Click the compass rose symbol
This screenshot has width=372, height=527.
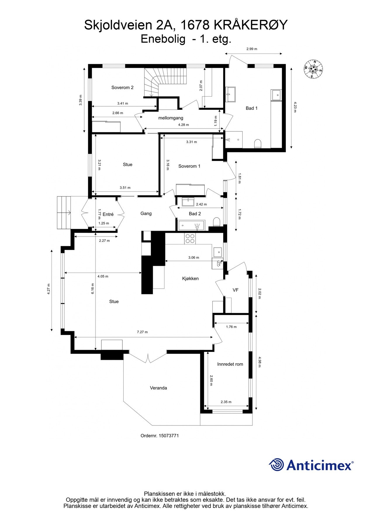pyautogui.click(x=313, y=69)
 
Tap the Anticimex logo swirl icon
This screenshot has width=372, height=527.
pyautogui.click(x=276, y=465)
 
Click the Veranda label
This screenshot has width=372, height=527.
pyautogui.click(x=158, y=388)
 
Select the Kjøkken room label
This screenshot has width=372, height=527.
pyautogui.click(x=190, y=278)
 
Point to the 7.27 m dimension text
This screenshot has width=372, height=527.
pyautogui.click(x=142, y=332)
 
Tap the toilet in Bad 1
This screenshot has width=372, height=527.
pyautogui.click(x=257, y=143)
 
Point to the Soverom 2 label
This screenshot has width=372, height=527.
pyautogui.click(x=122, y=88)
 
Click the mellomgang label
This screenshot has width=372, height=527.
pyautogui.click(x=171, y=118)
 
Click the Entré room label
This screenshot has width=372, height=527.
pyautogui.click(x=108, y=214)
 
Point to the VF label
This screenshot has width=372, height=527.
pyautogui.click(x=236, y=290)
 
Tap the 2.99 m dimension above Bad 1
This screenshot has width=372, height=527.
pyautogui.click(x=252, y=49)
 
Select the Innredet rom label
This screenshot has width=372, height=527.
pyautogui.click(x=230, y=364)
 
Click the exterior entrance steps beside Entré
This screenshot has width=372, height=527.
pyautogui.click(x=64, y=213)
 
